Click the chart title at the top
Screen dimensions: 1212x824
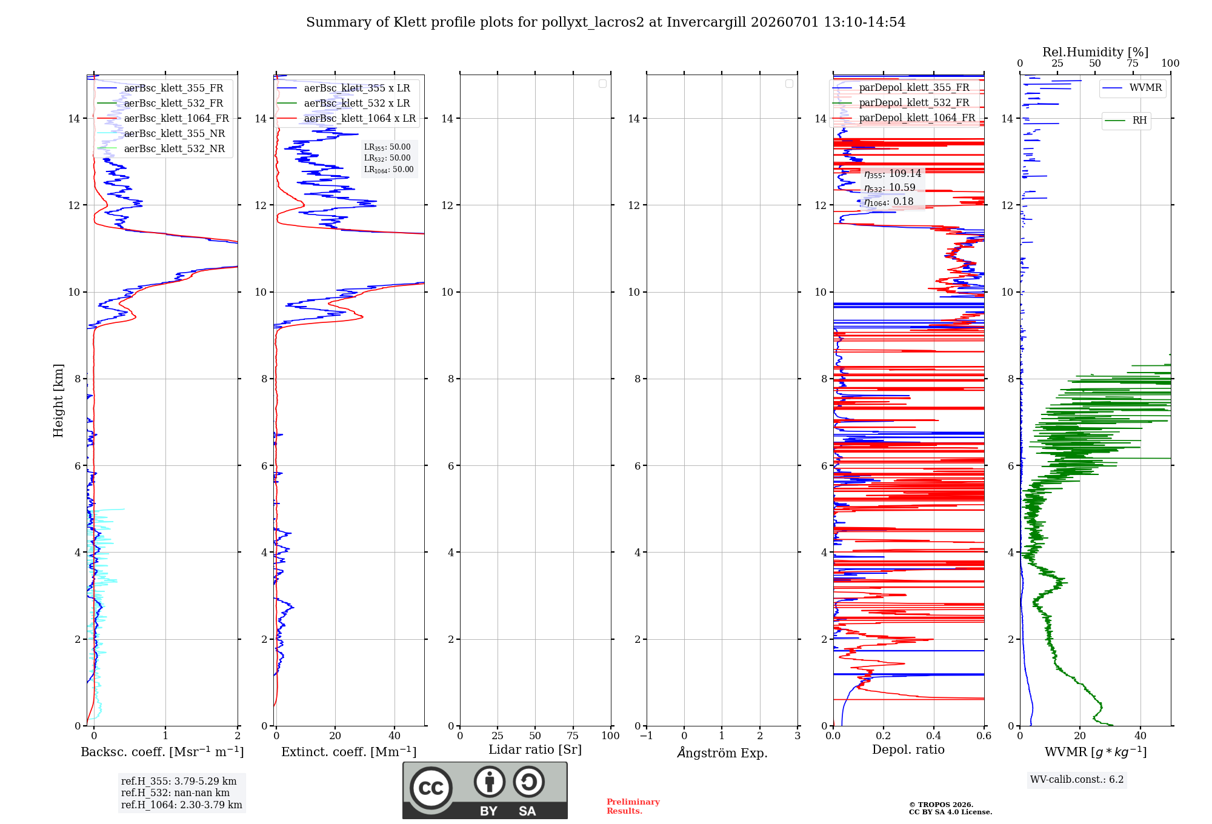[605, 22]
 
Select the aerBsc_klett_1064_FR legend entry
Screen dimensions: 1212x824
[163, 118]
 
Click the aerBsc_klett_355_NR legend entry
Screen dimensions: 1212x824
[161, 133]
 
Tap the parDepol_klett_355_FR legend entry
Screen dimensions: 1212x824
[901, 87]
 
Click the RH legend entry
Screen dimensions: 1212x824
[1126, 121]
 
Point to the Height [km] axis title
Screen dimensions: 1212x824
[58, 400]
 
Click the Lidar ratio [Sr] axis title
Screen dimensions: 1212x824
[535, 750]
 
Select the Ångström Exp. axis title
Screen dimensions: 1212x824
[722, 753]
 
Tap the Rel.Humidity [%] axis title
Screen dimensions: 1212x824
[1096, 52]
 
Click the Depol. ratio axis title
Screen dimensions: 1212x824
[908, 750]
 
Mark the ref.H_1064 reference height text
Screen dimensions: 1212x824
[182, 805]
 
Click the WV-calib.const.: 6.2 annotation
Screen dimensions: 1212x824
[1077, 780]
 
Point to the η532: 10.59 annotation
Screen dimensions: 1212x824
[890, 188]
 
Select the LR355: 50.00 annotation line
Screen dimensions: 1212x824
[387, 147]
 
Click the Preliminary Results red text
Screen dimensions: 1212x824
[633, 806]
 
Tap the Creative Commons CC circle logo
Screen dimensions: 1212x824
[431, 788]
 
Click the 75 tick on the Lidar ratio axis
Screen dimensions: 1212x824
[573, 736]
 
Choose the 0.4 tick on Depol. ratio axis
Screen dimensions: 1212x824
[934, 736]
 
